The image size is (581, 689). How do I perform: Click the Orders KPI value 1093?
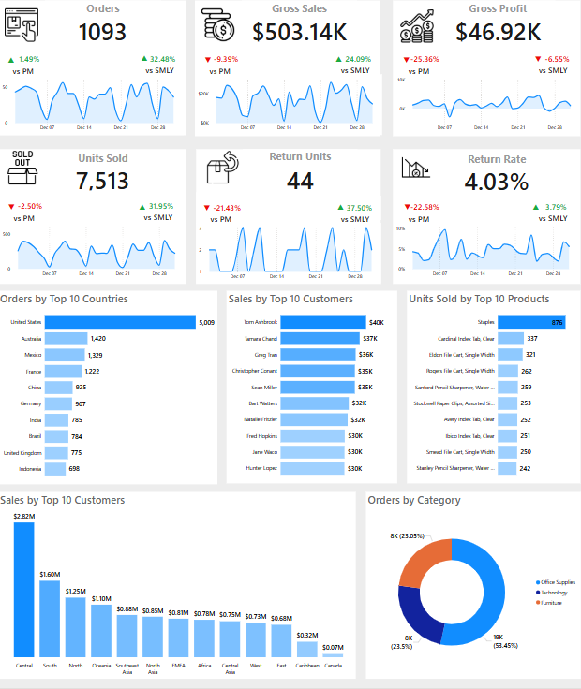102,32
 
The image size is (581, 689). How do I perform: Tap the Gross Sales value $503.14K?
300,32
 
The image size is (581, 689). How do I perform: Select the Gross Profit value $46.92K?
498,32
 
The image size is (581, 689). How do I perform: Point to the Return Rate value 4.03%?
496,182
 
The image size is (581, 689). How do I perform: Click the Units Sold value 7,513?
103,181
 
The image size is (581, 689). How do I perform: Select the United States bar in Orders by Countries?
119,322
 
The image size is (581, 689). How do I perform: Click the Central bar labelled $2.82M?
23,590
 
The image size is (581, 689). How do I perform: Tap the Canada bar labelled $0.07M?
331,654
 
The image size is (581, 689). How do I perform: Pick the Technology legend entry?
554,593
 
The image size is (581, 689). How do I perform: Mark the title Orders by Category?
413,500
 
